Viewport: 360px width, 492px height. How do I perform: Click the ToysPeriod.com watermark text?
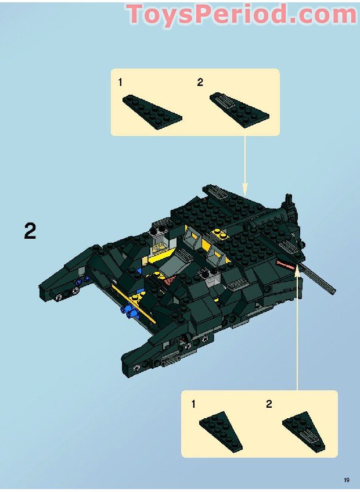point(242,14)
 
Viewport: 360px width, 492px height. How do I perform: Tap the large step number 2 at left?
point(30,231)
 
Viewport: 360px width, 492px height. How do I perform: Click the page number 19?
point(346,480)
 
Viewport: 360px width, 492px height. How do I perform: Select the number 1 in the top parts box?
point(120,82)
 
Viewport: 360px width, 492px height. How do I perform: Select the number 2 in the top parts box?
point(200,82)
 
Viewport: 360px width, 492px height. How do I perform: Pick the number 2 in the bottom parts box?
point(269,404)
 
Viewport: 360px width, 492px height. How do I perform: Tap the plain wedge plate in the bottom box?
point(221,433)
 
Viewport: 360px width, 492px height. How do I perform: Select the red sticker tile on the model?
point(287,264)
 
